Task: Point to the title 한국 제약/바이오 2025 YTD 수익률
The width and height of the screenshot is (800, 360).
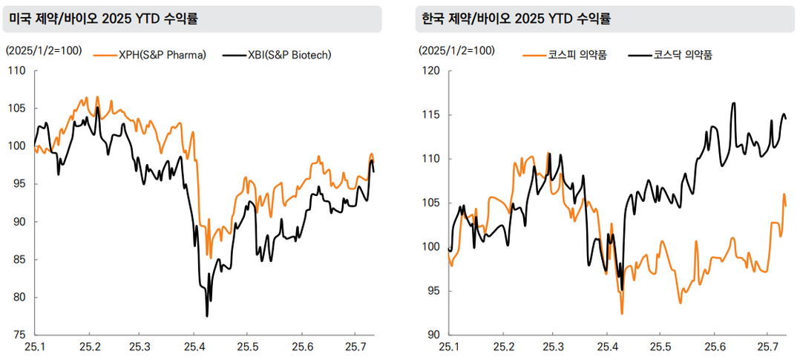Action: coord(519,19)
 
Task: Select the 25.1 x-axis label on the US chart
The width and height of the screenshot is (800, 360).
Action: coord(36,347)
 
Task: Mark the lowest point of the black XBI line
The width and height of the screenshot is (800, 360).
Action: coord(207,316)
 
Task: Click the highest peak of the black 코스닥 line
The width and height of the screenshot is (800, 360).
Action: coord(733,103)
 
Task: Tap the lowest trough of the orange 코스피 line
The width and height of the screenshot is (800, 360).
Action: coord(622,314)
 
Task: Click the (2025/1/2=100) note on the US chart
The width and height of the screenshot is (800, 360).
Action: coord(43,50)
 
